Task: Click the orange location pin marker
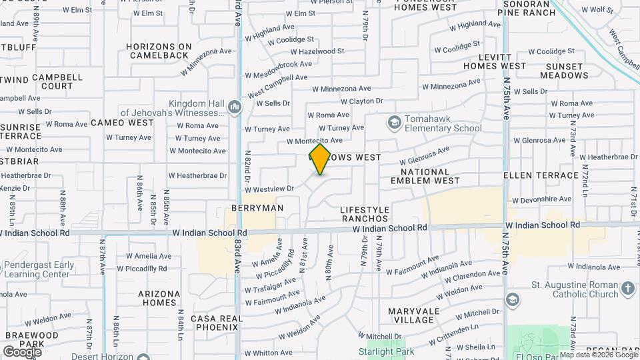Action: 320,159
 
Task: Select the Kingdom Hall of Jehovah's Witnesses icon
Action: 234,107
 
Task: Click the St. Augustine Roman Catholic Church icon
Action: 627,289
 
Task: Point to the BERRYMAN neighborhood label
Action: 257,208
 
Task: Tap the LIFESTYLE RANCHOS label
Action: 364,214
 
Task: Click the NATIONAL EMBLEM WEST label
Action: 425,176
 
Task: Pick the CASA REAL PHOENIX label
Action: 214,323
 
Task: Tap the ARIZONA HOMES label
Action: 159,298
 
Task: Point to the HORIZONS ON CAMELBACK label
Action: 158,51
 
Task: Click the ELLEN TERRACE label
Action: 541,175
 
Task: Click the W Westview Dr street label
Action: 269,189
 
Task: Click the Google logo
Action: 22,351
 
